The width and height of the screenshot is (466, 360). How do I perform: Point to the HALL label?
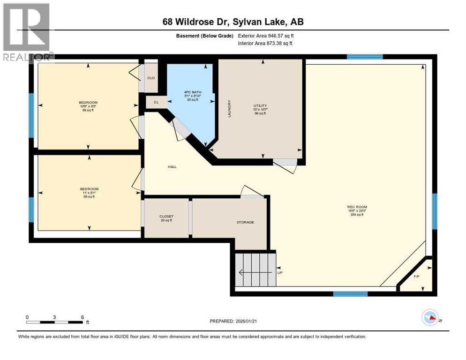pos(173,166)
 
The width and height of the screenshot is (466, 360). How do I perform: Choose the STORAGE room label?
pos(245,222)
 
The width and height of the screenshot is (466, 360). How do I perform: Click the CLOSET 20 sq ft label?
pos(166,218)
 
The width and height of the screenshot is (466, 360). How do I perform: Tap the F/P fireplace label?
pos(416,277)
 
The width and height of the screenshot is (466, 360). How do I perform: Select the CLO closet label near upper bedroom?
pos(151,78)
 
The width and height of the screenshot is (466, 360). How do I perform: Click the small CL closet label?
pos(156,102)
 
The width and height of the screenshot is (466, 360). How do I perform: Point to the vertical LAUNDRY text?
pos(229,108)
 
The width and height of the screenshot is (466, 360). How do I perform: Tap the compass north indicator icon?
pos(431,318)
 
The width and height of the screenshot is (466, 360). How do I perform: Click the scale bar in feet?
pos(55,322)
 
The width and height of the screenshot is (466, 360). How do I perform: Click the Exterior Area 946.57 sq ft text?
pos(266,36)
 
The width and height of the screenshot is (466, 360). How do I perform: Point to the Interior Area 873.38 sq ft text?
pos(266,44)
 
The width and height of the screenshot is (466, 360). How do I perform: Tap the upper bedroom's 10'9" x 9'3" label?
pos(88,106)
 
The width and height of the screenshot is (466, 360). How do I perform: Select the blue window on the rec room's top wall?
pos(365,57)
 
